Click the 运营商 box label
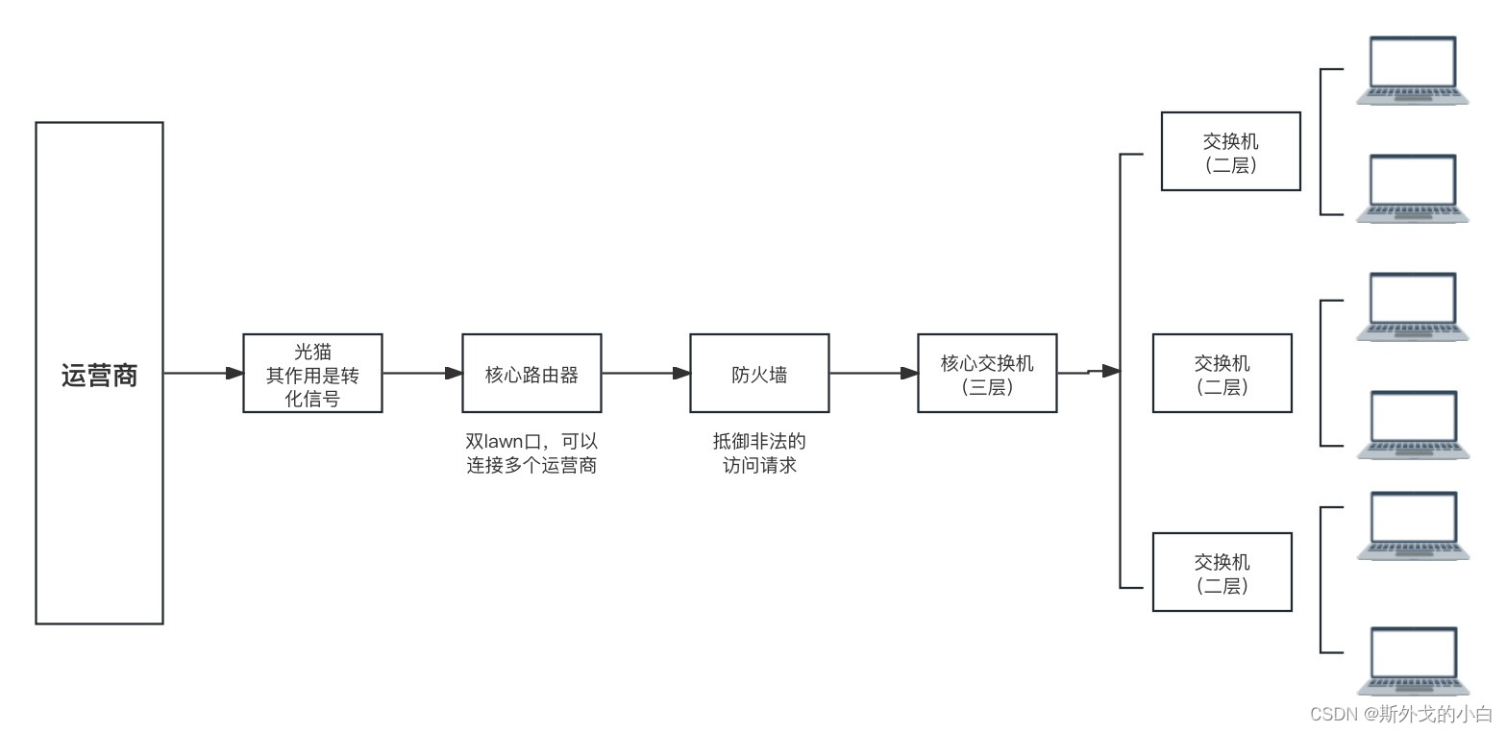click(x=99, y=375)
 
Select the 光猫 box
click(x=312, y=374)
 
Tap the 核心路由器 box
click(x=531, y=374)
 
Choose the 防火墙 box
click(x=759, y=374)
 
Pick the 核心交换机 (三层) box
click(x=987, y=374)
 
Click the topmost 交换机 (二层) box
click(x=1230, y=152)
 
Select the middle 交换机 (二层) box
click(x=1222, y=374)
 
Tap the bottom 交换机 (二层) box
click(x=1222, y=573)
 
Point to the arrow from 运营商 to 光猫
click(x=203, y=373)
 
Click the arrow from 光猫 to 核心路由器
click(x=422, y=373)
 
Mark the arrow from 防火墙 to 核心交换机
click(x=873, y=373)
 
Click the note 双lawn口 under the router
click(x=531, y=454)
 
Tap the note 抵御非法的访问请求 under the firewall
click(x=759, y=454)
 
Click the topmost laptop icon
click(x=1413, y=70)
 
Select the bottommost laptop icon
click(x=1413, y=661)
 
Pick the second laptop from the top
click(x=1413, y=188)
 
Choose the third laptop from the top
click(x=1413, y=306)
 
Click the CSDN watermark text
click(x=1400, y=714)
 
